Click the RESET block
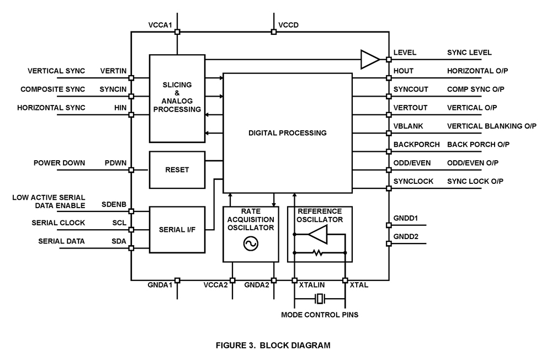pyautogui.click(x=177, y=170)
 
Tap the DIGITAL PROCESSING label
pyautogui.click(x=287, y=133)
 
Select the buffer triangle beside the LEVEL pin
pyautogui.click(x=370, y=60)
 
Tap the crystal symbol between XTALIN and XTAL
pyautogui.click(x=319, y=299)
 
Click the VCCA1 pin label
pyautogui.click(x=160, y=25)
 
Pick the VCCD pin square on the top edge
pyautogui.click(x=274, y=32)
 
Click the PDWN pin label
pyautogui.click(x=116, y=163)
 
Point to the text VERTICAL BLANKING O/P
pyautogui.click(x=491, y=126)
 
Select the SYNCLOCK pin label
pyautogui.click(x=413, y=181)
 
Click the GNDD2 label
pyautogui.click(x=405, y=236)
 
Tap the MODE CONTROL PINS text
pyautogui.click(x=320, y=315)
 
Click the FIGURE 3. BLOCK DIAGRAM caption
pyautogui.click(x=273, y=346)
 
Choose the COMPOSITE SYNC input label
pyautogui.click(x=53, y=89)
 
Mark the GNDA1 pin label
pyautogui.click(x=161, y=285)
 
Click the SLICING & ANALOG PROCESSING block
pyautogui.click(x=177, y=97)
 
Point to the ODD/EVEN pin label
pyautogui.click(x=412, y=163)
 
